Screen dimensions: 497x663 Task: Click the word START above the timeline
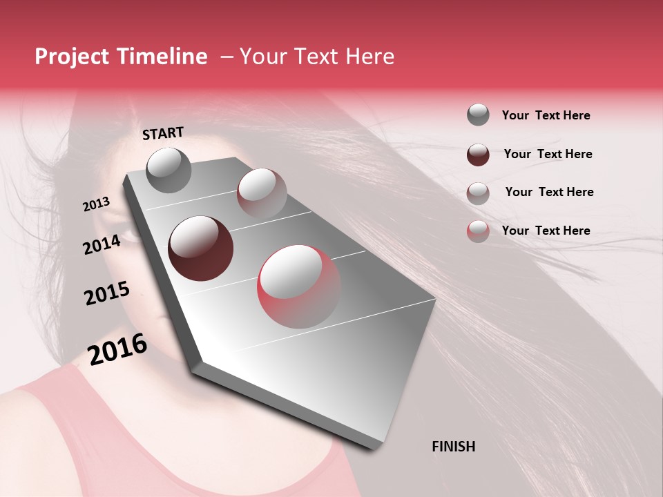point(163,133)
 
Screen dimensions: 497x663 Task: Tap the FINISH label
point(454,447)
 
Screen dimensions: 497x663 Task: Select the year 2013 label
point(96,204)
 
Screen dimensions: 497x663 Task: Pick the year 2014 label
point(102,244)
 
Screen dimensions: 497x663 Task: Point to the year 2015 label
point(107,293)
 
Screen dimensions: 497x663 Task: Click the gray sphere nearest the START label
point(169,170)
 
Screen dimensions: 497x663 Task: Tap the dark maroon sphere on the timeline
point(200,248)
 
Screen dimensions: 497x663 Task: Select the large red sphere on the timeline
point(298,286)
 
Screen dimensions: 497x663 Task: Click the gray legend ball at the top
point(478,115)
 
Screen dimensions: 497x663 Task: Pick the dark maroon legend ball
point(478,155)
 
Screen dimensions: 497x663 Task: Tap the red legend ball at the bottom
point(478,231)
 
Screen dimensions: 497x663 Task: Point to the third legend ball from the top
point(478,193)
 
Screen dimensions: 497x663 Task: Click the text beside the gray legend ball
point(546,116)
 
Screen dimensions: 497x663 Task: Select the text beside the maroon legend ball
point(548,154)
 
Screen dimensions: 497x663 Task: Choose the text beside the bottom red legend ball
point(546,231)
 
